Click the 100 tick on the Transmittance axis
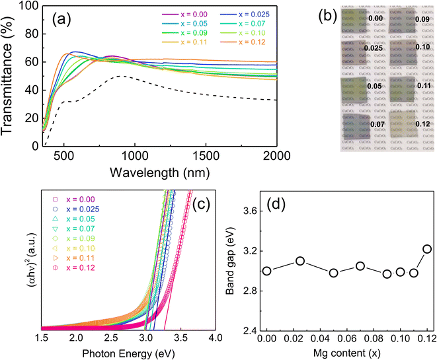pos(28,7)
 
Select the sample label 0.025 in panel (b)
pos(374,48)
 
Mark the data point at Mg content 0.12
pos(427,249)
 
